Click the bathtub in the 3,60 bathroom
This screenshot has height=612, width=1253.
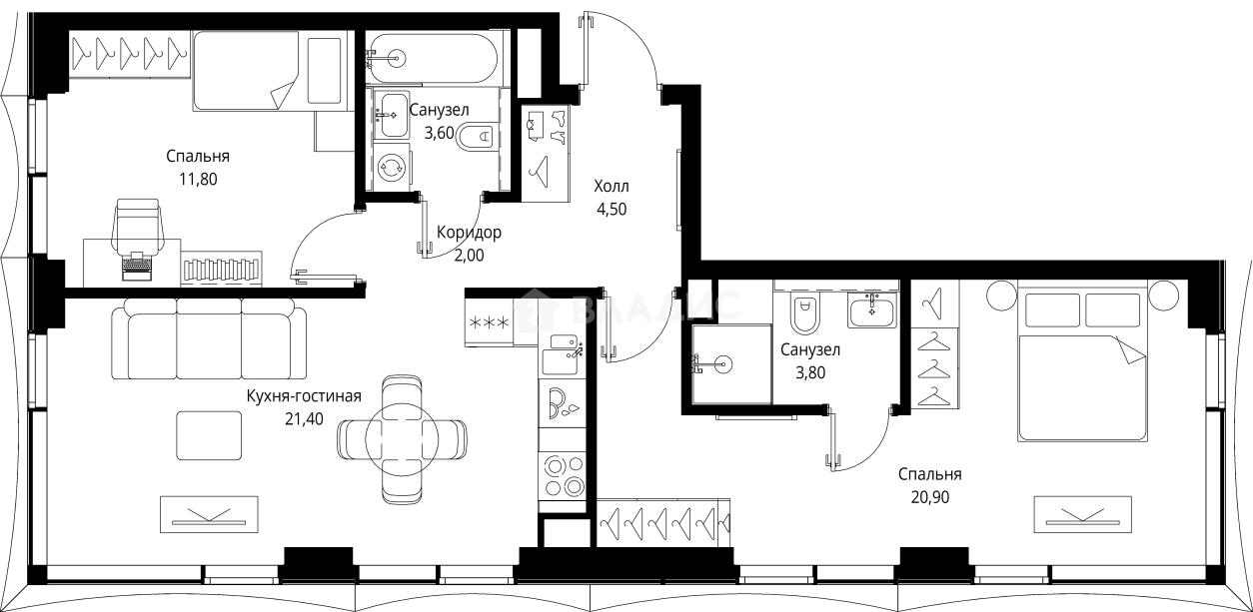coord(432,58)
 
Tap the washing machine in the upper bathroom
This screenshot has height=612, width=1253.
coord(390,167)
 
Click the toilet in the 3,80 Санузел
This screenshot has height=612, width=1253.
coord(804,313)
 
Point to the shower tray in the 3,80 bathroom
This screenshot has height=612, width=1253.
coord(731,363)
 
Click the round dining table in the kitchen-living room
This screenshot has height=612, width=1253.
coord(402,436)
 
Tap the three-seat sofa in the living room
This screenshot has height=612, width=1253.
coord(209,342)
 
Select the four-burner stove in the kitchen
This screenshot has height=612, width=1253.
coord(562,476)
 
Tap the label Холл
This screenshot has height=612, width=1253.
coord(612,187)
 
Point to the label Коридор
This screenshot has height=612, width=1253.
coord(469,233)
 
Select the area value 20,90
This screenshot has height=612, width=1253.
coord(929,497)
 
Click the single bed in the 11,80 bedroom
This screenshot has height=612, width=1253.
coord(268,70)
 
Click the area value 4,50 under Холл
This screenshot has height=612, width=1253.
coord(612,209)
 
